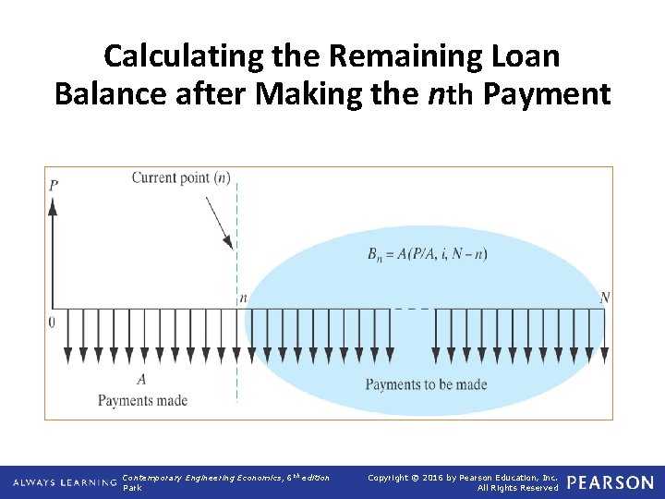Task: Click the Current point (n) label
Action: (x=180, y=177)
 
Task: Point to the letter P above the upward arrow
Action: (x=54, y=185)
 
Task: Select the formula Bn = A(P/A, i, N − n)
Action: (x=427, y=254)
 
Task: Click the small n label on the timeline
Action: (x=243, y=298)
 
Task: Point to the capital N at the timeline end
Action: (x=604, y=298)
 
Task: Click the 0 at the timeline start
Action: (x=51, y=322)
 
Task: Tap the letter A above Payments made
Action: (x=141, y=379)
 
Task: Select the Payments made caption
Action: (x=142, y=400)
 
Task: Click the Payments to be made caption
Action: (x=426, y=384)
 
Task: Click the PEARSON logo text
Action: (x=610, y=482)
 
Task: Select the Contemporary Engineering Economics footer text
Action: (x=225, y=477)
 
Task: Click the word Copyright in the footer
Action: (x=393, y=477)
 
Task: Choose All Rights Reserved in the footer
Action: (x=517, y=488)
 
